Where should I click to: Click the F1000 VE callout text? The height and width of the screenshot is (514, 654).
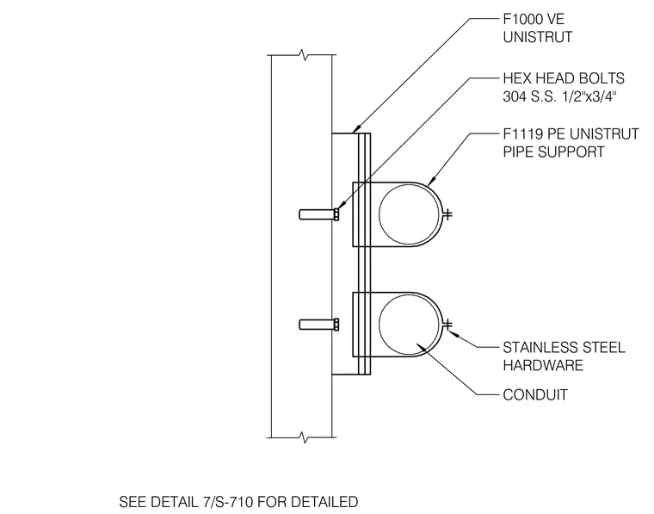(x=534, y=19)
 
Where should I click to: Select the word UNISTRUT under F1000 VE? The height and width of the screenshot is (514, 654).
(x=538, y=37)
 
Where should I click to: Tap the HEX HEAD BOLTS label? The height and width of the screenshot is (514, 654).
(x=564, y=78)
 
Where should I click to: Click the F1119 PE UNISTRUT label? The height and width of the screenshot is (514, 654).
(x=571, y=134)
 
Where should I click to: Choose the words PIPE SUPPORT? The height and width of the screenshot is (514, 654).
(x=553, y=152)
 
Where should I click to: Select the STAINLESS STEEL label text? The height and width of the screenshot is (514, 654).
(x=564, y=348)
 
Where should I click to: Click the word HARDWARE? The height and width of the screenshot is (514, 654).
(x=543, y=365)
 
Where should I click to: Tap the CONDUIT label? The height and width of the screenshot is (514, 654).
(x=535, y=394)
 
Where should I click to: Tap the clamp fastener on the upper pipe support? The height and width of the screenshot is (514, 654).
(x=447, y=214)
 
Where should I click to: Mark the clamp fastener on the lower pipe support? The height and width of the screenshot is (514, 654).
(x=447, y=325)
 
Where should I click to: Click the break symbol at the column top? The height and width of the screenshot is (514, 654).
(x=305, y=54)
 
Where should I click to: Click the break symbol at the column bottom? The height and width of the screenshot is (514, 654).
(x=305, y=437)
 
